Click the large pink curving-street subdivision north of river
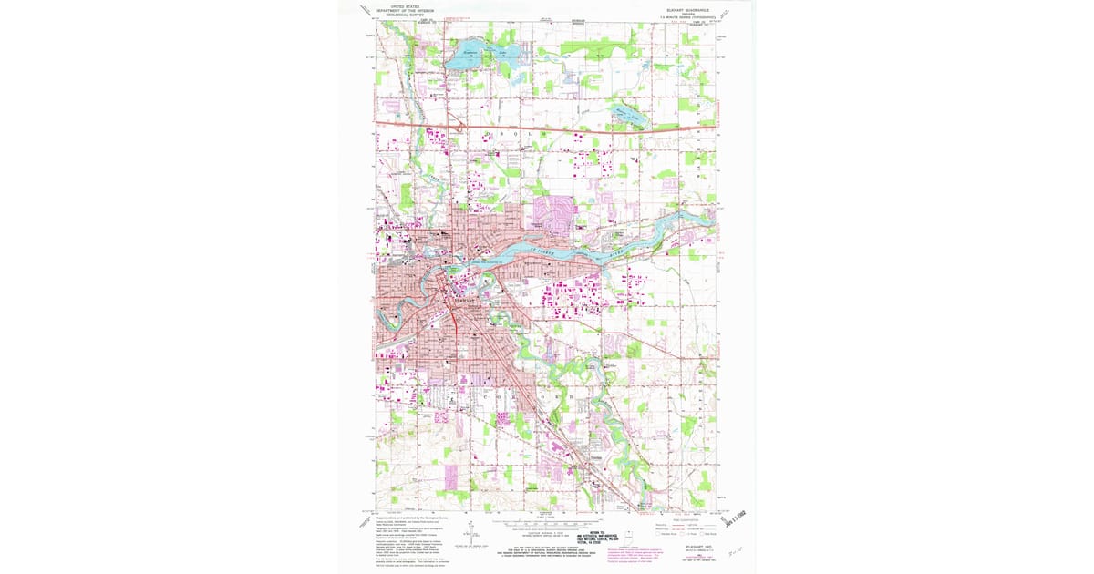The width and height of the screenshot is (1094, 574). [x=550, y=211]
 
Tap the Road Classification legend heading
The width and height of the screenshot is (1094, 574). [x=679, y=517]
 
